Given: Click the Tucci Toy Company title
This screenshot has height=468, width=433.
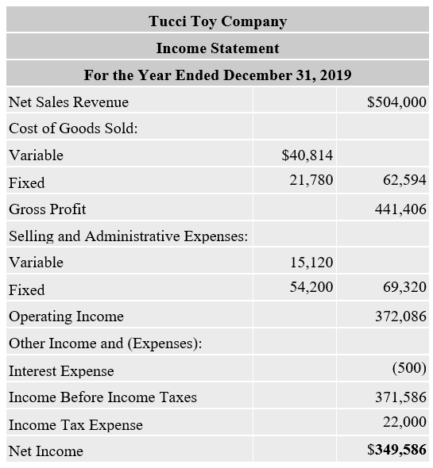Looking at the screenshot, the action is coord(217,21).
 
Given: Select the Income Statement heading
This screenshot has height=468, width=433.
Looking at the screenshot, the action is coord(217,48).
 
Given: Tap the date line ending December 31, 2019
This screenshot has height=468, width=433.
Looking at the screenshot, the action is coord(217,75).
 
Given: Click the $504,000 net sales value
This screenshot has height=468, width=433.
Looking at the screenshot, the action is coord(396,102).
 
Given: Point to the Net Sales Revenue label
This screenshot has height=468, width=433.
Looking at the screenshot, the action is coord(68,102).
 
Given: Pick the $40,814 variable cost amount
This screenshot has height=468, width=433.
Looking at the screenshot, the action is coord(307,155).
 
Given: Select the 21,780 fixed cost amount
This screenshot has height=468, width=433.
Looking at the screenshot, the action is coord(311,180).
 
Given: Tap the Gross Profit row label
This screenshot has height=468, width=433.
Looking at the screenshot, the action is coord(48,209).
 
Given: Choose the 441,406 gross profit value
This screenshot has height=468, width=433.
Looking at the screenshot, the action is coord(400,209).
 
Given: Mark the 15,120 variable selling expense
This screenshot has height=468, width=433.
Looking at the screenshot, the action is coord(311,262).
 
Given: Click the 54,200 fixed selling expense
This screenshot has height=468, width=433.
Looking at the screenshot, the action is coord(311,287).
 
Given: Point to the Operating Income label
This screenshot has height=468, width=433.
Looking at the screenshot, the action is coord(66,316).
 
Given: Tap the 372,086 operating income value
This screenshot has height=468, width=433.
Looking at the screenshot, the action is coord(400,316).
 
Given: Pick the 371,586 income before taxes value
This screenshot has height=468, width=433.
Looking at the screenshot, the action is coord(400,397).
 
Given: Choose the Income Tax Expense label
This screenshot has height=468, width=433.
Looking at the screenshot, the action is coord(75,424).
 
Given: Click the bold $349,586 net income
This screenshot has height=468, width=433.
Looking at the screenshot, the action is coord(396,451).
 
